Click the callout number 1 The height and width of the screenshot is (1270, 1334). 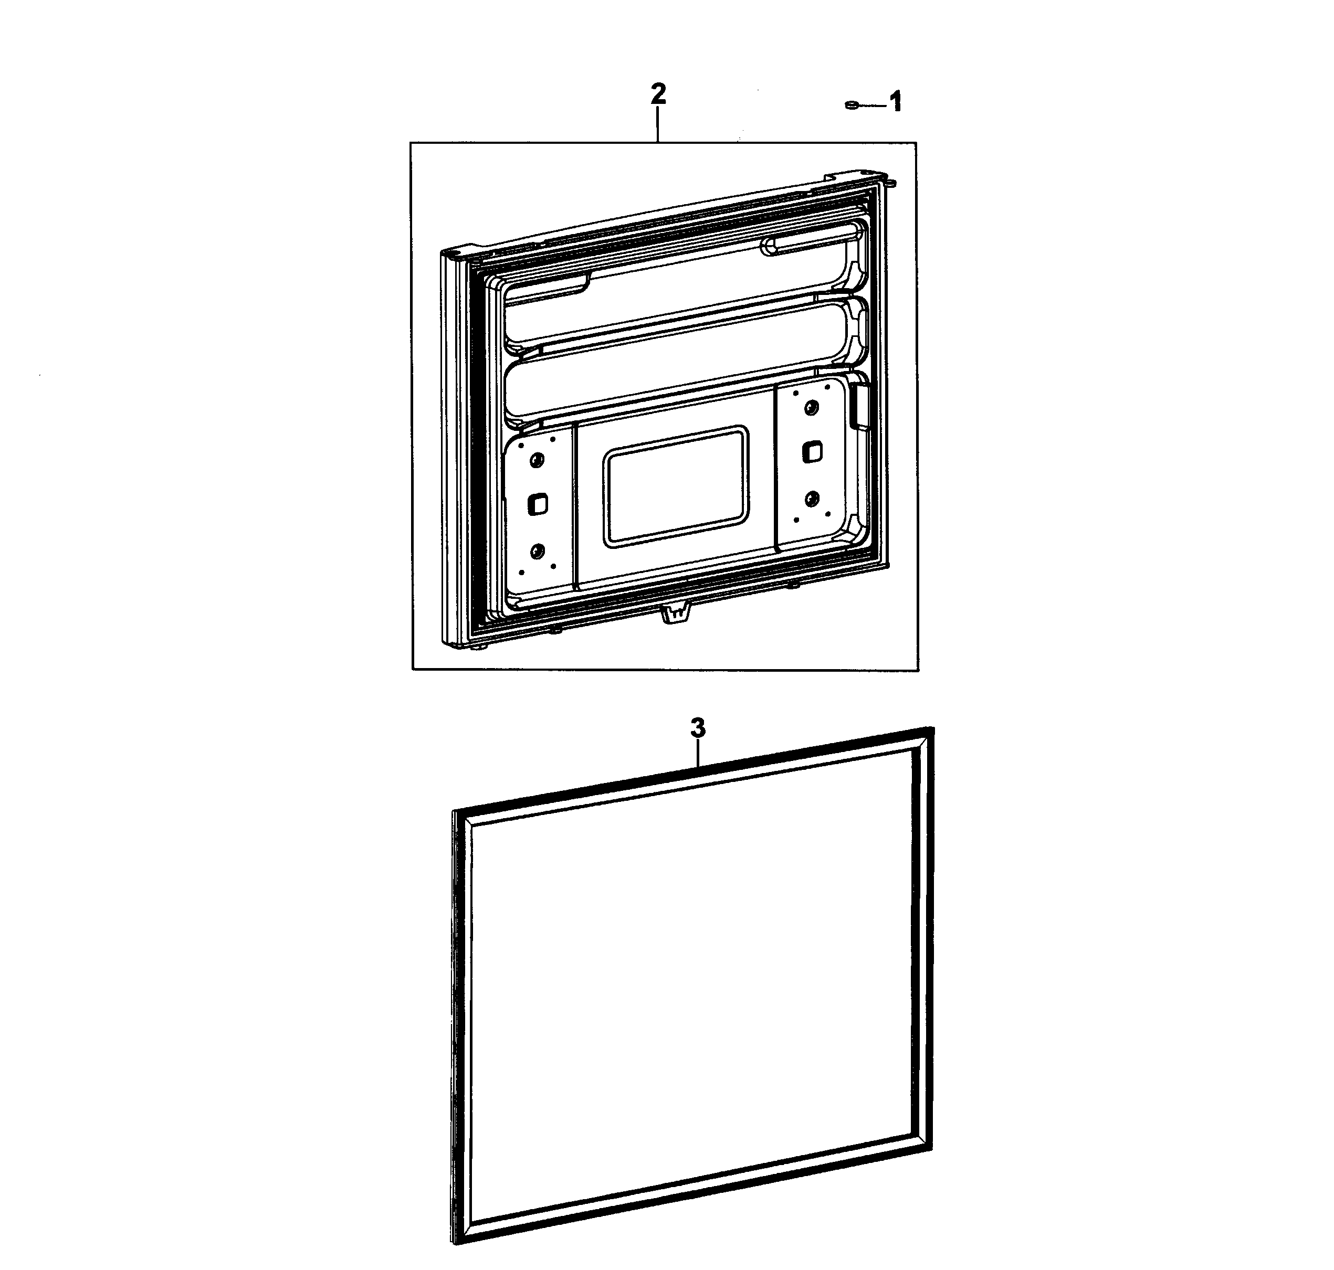pos(895,103)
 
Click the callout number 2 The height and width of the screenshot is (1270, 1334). pos(657,94)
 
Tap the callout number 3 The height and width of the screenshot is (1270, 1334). pos(698,728)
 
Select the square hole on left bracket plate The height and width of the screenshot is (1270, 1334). pos(538,504)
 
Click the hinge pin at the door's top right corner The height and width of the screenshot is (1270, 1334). pos(891,182)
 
